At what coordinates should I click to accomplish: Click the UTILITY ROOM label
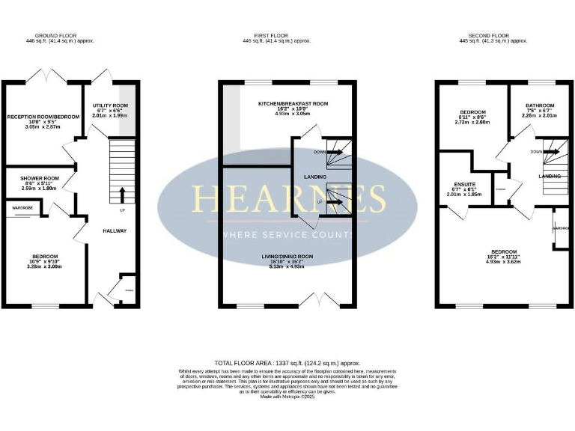pyautogui.click(x=110, y=106)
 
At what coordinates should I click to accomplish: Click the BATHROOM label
pyautogui.click(x=539, y=106)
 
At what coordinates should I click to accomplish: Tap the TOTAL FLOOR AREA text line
pyautogui.click(x=287, y=360)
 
